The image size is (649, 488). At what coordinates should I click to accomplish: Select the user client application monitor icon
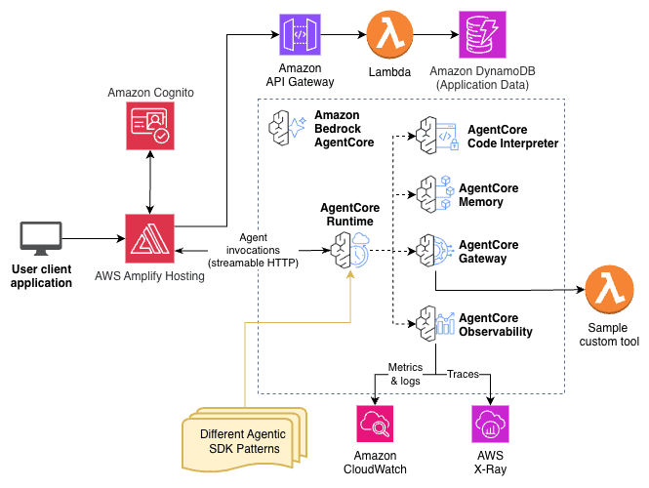click(41, 238)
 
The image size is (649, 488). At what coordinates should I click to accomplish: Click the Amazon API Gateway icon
click(300, 36)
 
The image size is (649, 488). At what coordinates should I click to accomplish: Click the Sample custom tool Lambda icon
click(608, 291)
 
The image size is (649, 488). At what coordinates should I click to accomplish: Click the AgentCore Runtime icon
click(349, 250)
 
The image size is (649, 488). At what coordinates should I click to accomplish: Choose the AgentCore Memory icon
click(432, 193)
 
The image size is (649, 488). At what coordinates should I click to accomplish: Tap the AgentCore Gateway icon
click(432, 251)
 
